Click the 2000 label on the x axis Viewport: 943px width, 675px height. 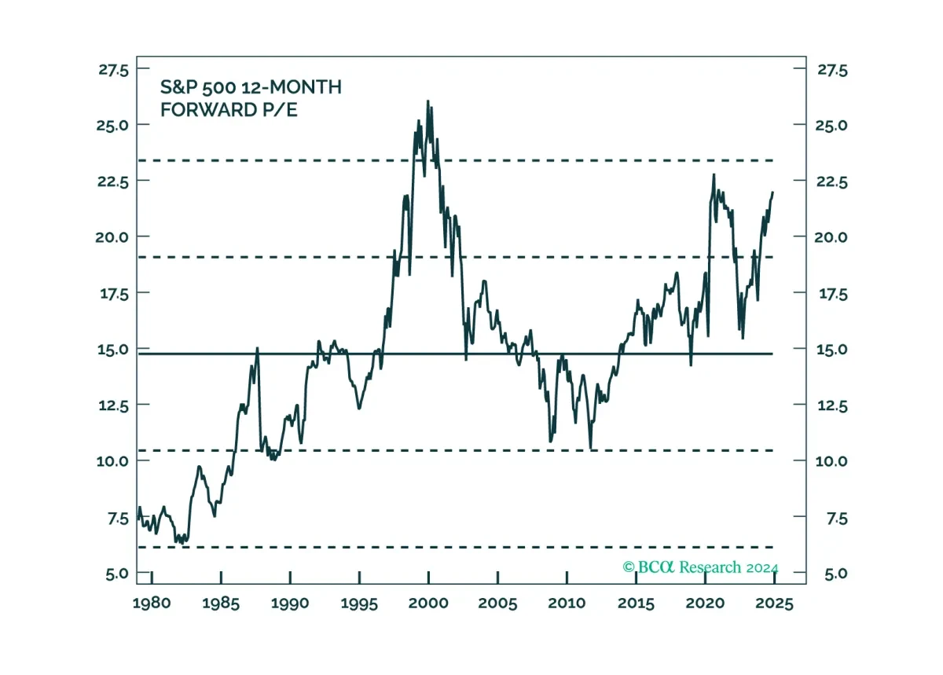point(428,603)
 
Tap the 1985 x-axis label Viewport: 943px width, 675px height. point(221,603)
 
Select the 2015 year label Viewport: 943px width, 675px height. point(636,603)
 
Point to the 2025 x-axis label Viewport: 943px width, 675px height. point(774,603)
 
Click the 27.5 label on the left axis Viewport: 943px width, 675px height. point(114,70)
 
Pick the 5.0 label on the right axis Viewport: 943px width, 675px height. point(835,573)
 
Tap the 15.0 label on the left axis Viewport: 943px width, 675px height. point(113,349)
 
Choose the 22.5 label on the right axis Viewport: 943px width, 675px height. point(832,182)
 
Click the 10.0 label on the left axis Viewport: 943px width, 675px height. point(112,461)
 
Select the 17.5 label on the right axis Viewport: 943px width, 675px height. point(833,294)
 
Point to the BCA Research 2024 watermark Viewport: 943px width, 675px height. point(700,567)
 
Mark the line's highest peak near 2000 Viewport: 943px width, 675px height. point(427,101)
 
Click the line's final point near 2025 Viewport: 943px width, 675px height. point(773,192)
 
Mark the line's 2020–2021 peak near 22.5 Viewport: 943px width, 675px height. point(714,174)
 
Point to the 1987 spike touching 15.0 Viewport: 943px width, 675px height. point(257,348)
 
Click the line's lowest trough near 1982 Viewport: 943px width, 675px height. point(182,543)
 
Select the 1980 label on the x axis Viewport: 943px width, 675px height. point(152,603)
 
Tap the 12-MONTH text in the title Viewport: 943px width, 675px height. point(292,87)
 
